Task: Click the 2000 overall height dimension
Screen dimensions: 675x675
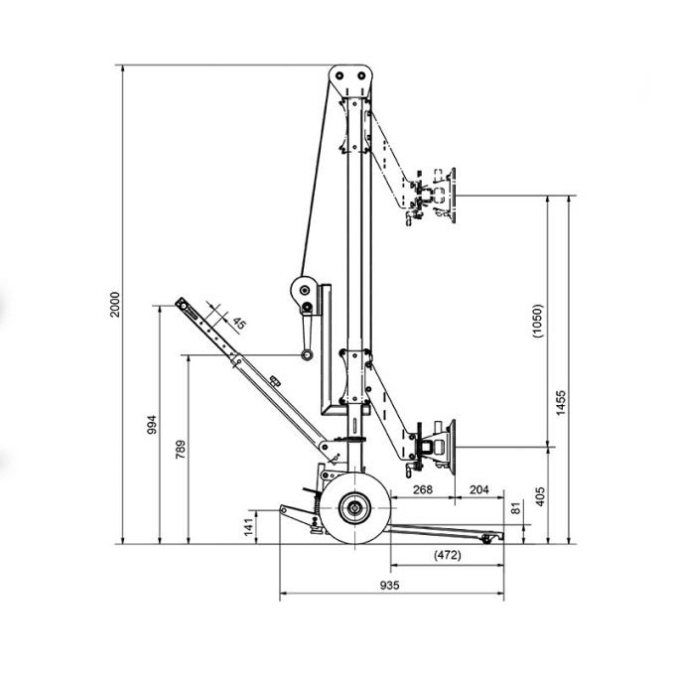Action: [x=115, y=305]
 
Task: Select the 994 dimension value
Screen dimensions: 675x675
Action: [x=152, y=424]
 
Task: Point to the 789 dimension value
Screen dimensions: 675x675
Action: [x=181, y=449]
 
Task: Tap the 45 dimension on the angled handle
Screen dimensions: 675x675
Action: [x=239, y=323]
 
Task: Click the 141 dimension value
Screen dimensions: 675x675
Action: [x=249, y=527]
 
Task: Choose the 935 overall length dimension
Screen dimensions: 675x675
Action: [x=389, y=585]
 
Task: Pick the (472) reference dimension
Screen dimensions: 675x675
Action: [x=448, y=555]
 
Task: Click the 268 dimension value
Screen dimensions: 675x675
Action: [x=423, y=489]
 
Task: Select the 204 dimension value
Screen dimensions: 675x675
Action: [x=479, y=489]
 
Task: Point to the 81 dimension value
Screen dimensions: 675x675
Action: [x=516, y=508]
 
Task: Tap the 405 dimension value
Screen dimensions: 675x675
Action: [x=540, y=496]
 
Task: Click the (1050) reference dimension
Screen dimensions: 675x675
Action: [x=538, y=321]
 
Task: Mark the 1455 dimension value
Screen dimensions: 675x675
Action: [x=561, y=402]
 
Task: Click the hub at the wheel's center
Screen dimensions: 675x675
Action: [x=354, y=508]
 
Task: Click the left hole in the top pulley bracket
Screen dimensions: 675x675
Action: [x=339, y=75]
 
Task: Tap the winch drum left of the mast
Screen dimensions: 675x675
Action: [x=305, y=290]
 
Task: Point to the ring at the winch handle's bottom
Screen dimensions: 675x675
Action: [x=307, y=354]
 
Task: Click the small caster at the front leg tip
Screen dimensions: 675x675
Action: [x=486, y=539]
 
